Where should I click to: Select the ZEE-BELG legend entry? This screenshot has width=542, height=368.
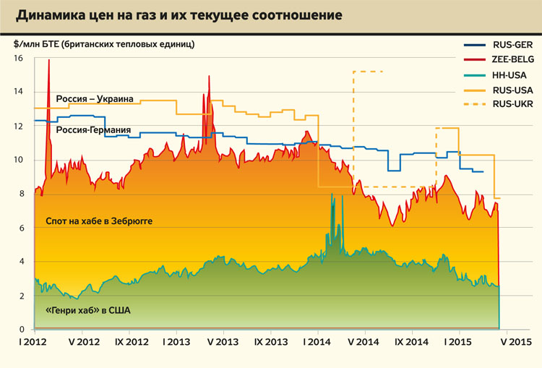499,59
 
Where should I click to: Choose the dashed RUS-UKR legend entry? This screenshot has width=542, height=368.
499,105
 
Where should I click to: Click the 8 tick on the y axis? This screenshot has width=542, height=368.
20,194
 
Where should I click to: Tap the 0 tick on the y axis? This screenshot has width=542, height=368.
20,330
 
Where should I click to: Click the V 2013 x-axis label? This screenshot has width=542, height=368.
223,341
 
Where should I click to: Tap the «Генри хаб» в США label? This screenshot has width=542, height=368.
85,311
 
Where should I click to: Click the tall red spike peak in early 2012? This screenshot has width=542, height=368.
48,60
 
